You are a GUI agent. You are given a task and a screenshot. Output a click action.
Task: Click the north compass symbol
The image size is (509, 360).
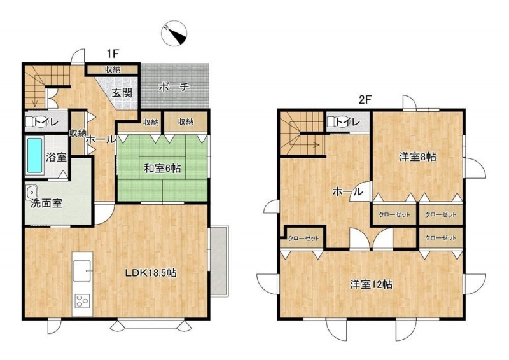(x=174, y=34)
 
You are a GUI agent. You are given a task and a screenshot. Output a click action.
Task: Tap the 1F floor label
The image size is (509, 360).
(x=113, y=53)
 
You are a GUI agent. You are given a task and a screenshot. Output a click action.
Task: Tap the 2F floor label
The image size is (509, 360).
(x=365, y=100)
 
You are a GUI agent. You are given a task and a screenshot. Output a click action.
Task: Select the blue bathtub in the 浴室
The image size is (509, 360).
(x=35, y=155)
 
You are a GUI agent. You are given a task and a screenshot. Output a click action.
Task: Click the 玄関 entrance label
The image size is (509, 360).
(x=122, y=93)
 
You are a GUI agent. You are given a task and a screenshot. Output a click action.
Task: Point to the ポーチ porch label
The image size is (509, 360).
(x=174, y=87)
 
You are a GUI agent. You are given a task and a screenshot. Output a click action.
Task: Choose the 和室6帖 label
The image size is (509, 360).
(x=162, y=169)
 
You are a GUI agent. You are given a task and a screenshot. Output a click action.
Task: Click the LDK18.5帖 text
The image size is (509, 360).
(x=151, y=273)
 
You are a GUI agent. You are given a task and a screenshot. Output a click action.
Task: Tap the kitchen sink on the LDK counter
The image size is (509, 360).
(x=82, y=270)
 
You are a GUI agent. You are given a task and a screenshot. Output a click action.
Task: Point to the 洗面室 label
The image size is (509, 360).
(x=46, y=203)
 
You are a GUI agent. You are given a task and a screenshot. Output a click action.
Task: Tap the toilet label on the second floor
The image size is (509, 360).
(x=347, y=122)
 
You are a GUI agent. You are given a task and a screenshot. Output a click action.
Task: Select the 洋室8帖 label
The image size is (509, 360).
(x=417, y=157)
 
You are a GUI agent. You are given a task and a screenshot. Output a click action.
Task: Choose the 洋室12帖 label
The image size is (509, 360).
(x=371, y=284)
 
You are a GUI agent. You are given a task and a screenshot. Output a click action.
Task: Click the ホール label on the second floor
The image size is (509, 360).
(x=348, y=191)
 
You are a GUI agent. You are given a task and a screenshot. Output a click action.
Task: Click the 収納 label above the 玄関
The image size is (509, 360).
(x=113, y=69)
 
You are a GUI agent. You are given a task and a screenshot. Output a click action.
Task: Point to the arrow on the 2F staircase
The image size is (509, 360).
(x=309, y=144)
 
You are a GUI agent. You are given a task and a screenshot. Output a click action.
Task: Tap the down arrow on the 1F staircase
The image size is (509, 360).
(x=35, y=97)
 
